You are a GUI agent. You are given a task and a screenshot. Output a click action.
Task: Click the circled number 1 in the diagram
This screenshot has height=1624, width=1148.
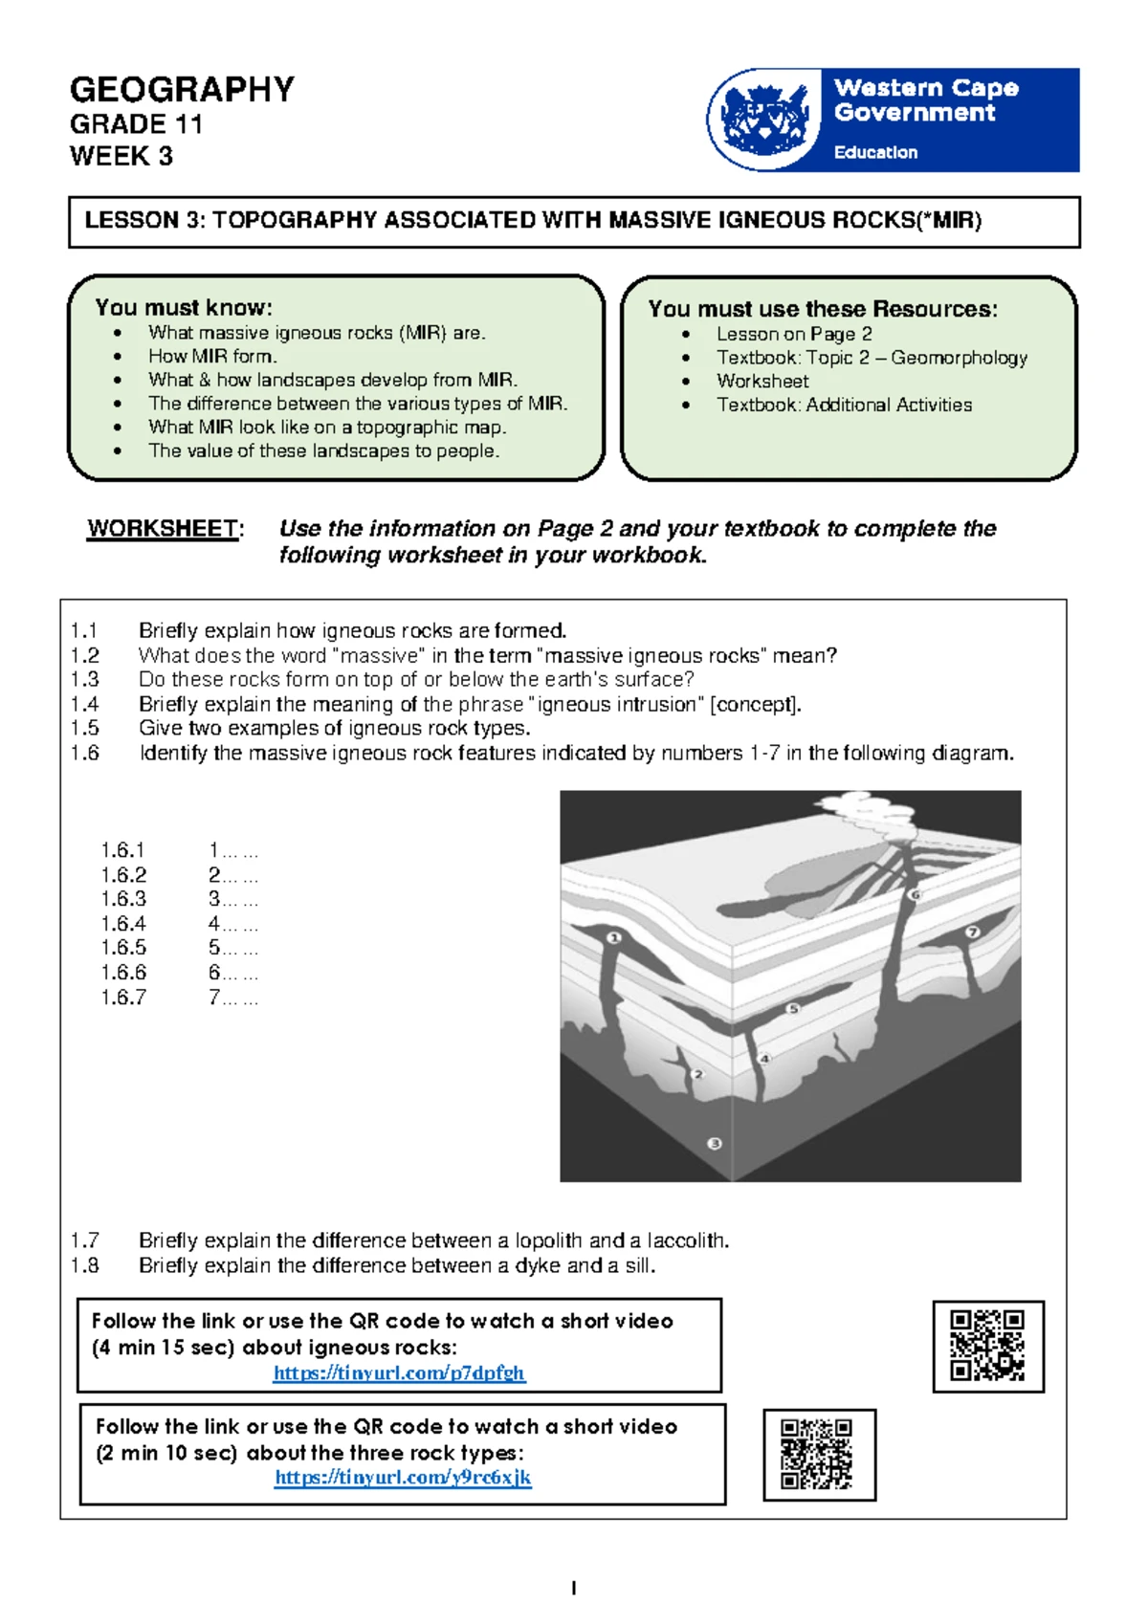click(x=614, y=937)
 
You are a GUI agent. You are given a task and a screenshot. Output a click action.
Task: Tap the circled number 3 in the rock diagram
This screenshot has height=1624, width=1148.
click(x=714, y=1144)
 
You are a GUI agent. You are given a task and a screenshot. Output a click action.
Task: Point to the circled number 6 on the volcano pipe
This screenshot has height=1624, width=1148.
click(x=916, y=895)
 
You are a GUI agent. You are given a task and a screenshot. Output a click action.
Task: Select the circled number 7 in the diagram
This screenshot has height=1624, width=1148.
click(x=973, y=932)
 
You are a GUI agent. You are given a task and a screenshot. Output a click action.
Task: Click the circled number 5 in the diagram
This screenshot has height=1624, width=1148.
click(x=792, y=1009)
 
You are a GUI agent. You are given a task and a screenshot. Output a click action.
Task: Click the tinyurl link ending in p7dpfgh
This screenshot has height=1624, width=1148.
click(x=399, y=1372)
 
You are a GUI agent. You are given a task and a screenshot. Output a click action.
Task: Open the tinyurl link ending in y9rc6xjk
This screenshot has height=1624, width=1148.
click(x=403, y=1477)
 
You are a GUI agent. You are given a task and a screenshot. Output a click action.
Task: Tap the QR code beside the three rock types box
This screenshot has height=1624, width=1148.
click(x=819, y=1454)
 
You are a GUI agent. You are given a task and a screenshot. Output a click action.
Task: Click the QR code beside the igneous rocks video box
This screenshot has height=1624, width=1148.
click(x=987, y=1346)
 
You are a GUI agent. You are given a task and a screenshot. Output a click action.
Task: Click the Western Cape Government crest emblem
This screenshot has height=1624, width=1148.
click(x=763, y=120)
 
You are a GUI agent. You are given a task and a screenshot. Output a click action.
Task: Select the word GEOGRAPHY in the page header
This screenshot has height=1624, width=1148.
click(x=182, y=90)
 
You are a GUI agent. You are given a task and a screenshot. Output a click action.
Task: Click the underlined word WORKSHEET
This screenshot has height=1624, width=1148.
click(x=163, y=529)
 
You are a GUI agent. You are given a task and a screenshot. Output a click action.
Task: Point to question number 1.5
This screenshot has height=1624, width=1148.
click(x=84, y=728)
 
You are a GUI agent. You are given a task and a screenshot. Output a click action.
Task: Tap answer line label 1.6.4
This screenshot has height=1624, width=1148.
click(x=123, y=924)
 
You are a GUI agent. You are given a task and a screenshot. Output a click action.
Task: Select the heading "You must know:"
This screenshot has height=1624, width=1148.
click(x=184, y=307)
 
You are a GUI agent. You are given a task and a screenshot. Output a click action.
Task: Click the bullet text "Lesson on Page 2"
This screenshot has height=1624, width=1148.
click(x=794, y=334)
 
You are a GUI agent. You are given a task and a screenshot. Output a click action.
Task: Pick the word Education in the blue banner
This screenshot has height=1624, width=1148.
click(x=875, y=152)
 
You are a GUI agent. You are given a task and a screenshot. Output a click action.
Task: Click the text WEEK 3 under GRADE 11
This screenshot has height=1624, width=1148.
click(x=121, y=156)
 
